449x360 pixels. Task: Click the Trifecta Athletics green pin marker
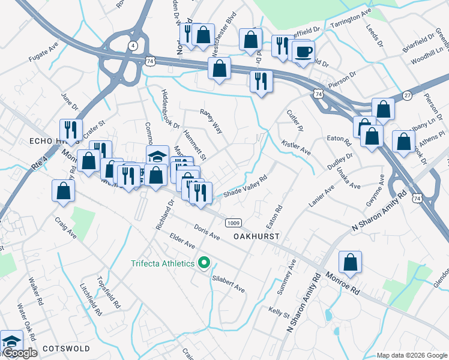pos(204,263)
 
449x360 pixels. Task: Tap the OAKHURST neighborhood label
pos(256,237)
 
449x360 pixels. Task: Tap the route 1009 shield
pos(234,222)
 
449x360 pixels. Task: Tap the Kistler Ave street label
pos(295,147)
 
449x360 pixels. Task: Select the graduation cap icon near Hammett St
pos(157,156)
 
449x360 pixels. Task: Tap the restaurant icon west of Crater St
pos(71,130)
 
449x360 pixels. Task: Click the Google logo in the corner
pos(19,353)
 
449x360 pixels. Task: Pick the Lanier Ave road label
pos(321,199)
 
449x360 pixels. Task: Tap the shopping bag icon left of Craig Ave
pos(64,191)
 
